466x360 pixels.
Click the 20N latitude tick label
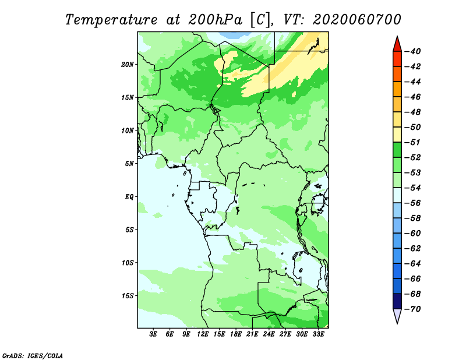pos(128,65)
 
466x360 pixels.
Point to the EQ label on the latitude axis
pos(129,197)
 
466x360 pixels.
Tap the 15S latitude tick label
pos(128,296)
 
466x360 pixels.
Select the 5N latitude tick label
pos(129,164)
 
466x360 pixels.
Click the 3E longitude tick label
pos(153,334)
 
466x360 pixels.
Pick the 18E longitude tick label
pos(236,334)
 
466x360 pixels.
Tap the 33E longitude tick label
pos(318,334)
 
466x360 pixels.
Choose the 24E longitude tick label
pos(269,334)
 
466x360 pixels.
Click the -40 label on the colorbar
pos(413,51)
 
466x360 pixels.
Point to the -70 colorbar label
pos(413,309)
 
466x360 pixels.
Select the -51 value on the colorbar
pos(413,142)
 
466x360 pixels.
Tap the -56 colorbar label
pos(413,203)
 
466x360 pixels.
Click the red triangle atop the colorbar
pos(397,45)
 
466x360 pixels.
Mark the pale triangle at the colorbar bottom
pos(397,316)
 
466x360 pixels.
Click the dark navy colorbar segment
pos(397,301)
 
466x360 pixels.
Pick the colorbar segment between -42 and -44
pos(397,74)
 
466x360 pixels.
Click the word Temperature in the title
pos(111,20)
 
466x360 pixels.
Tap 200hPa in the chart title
pos(216,20)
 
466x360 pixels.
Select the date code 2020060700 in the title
pos(357,19)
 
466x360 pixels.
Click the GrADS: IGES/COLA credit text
pos(33,355)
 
